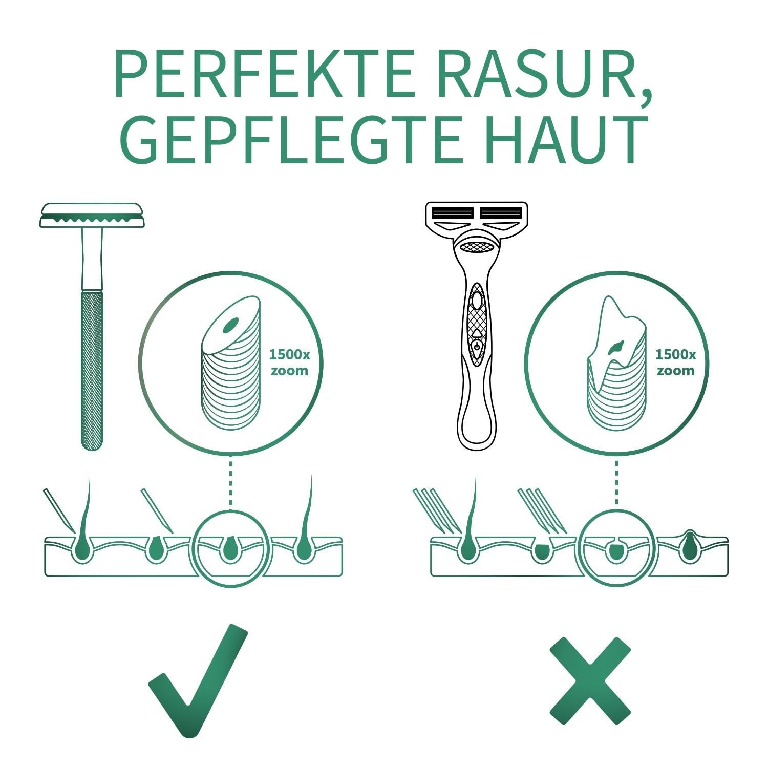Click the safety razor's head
[x=92, y=215]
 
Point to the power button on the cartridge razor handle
[x=476, y=347]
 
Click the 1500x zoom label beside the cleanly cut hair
[x=289, y=362]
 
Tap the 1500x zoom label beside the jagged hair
[x=675, y=362]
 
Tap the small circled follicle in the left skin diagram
[x=231, y=548]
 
